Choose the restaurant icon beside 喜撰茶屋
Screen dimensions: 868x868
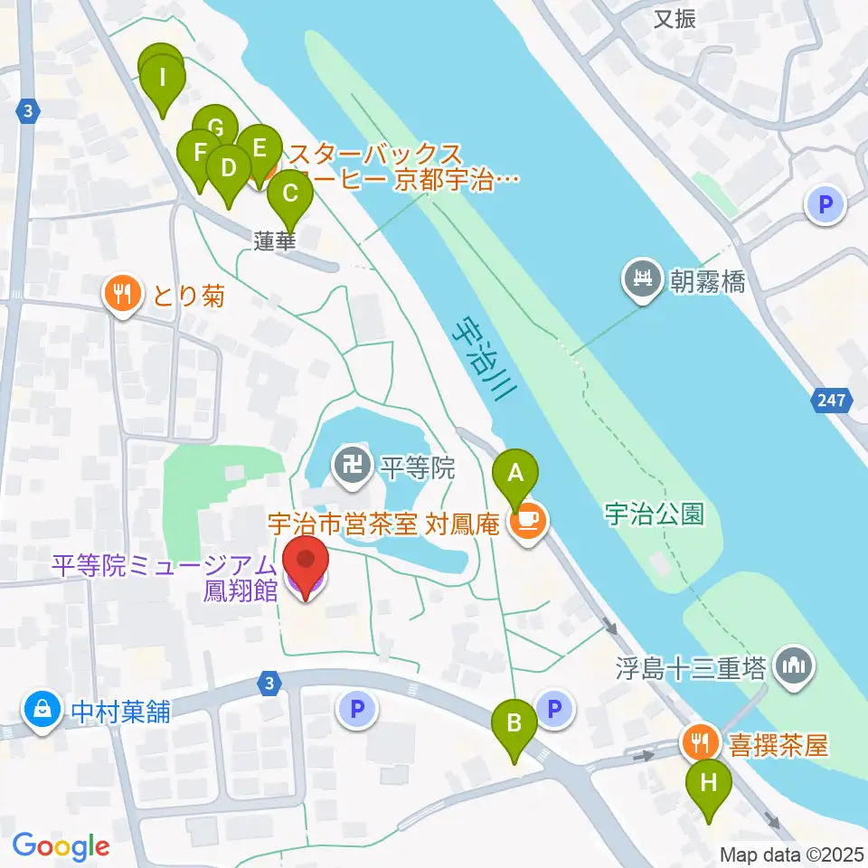(699, 744)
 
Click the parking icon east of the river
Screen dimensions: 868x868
(826, 205)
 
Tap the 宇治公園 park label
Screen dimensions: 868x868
(655, 514)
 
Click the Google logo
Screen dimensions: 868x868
(61, 846)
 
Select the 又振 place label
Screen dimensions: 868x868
(675, 18)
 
